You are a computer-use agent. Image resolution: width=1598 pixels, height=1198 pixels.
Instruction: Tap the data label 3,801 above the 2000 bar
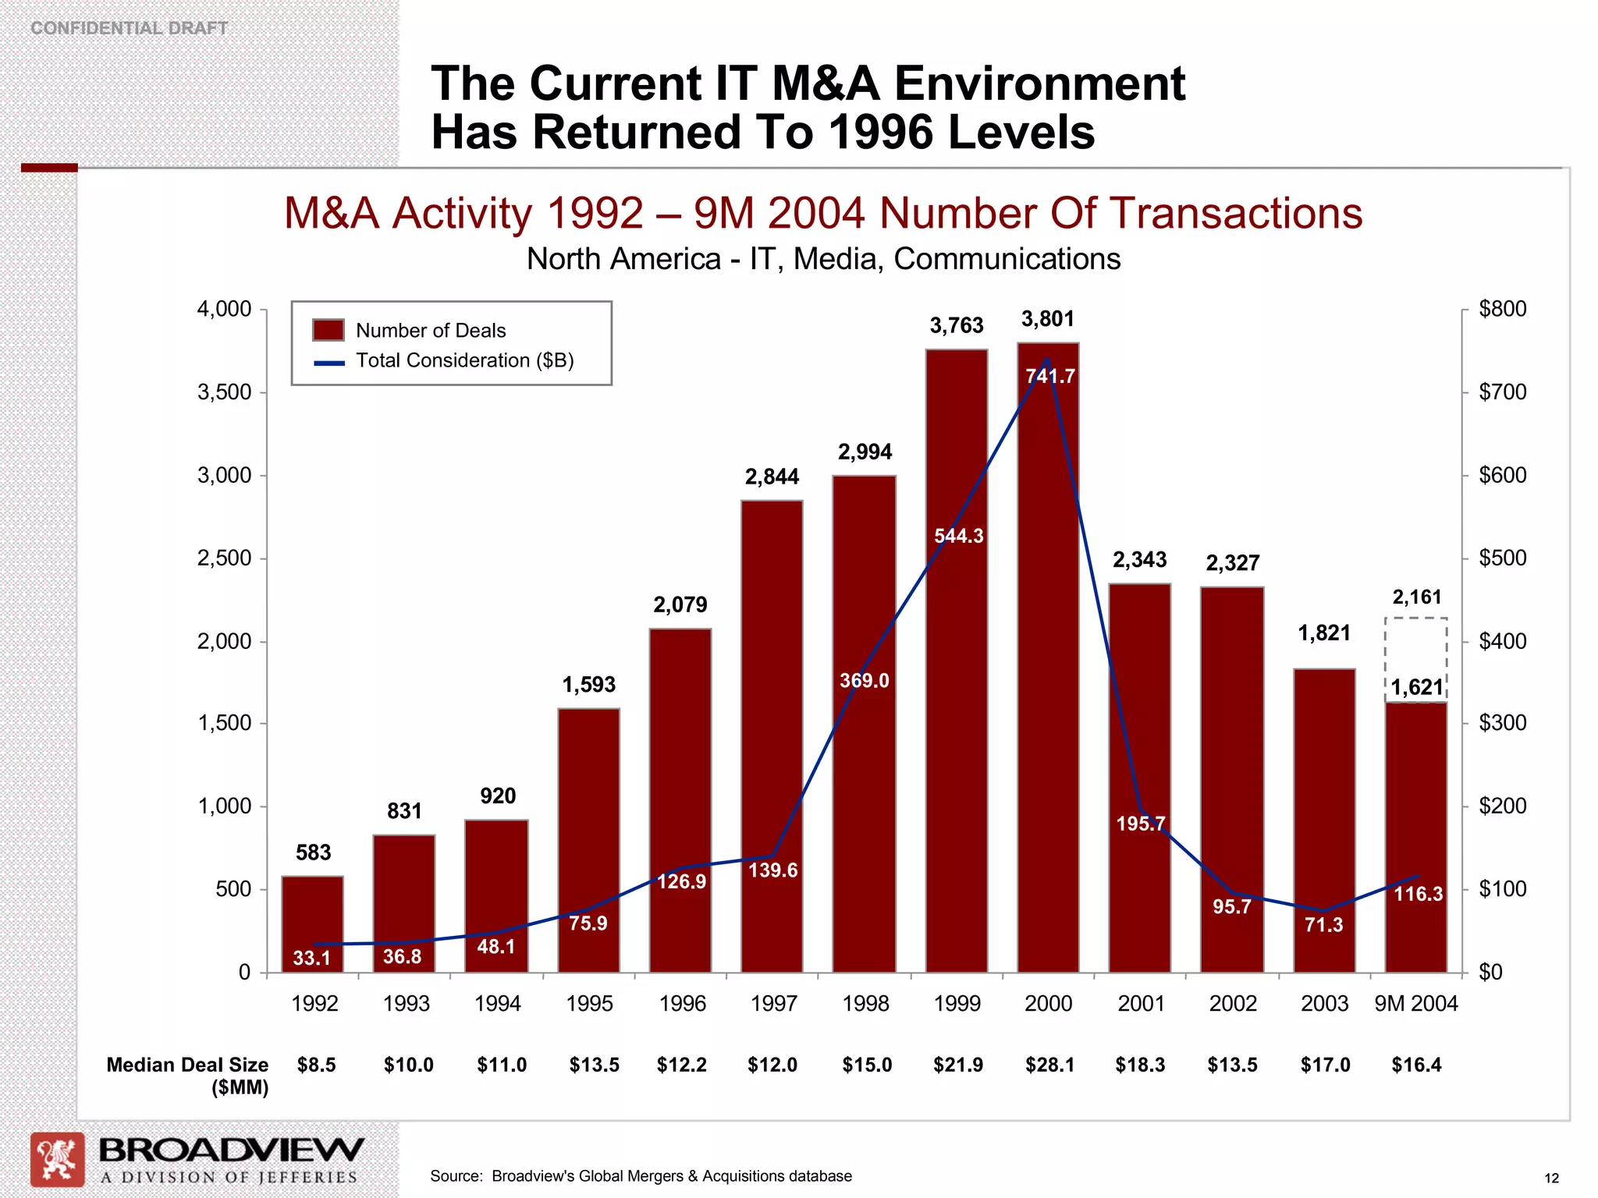click(1048, 319)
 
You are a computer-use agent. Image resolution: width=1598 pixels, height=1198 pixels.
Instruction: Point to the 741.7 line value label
click(1050, 377)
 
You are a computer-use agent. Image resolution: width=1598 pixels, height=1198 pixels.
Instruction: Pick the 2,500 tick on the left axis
click(224, 558)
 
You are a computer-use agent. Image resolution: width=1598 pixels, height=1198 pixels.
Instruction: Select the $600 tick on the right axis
click(1502, 475)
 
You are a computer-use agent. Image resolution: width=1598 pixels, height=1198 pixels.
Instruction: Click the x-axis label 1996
click(682, 1004)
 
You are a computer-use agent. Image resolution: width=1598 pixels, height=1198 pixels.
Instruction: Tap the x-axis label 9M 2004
click(1415, 1004)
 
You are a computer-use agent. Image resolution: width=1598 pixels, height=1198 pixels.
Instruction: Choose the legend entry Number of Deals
click(430, 331)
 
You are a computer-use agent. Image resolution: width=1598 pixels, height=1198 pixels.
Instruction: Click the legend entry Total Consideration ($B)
click(464, 360)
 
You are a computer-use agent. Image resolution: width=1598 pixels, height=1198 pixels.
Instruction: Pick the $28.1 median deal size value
click(1049, 1065)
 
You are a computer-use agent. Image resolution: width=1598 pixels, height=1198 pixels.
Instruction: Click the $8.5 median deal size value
click(316, 1065)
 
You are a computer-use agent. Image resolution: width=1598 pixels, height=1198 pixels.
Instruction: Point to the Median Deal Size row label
click(187, 1076)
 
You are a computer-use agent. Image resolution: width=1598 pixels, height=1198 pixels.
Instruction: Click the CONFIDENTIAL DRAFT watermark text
click(130, 28)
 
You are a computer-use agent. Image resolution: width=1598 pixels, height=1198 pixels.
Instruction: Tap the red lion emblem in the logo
click(58, 1159)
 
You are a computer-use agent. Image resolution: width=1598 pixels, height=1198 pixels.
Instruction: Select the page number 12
click(1551, 1179)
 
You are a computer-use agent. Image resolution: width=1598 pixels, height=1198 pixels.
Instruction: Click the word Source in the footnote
click(455, 1176)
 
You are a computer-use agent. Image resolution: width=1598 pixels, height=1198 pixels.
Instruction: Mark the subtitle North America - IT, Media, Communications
click(823, 259)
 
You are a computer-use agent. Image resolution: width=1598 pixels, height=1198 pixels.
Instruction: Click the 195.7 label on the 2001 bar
click(1140, 824)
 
